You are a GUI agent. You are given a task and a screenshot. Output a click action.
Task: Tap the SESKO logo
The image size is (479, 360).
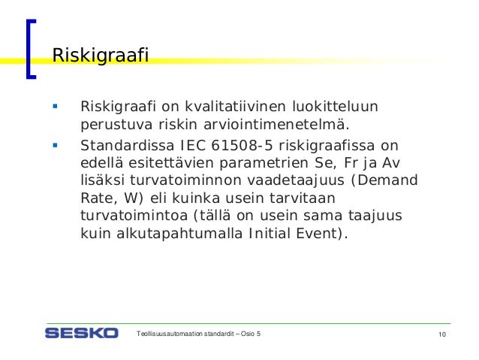point(81,332)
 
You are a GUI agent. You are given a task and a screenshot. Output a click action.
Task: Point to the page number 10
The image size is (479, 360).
point(441,334)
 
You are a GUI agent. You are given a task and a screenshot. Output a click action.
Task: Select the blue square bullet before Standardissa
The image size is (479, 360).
point(55,144)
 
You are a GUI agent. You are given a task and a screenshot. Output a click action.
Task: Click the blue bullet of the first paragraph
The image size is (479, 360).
point(55,104)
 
